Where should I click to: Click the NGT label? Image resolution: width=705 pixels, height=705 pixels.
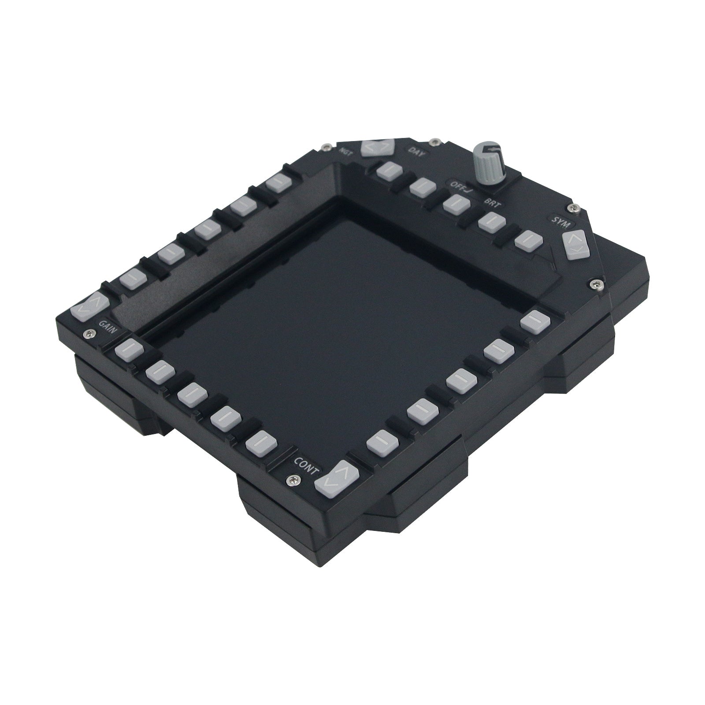pyautogui.click(x=346, y=150)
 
